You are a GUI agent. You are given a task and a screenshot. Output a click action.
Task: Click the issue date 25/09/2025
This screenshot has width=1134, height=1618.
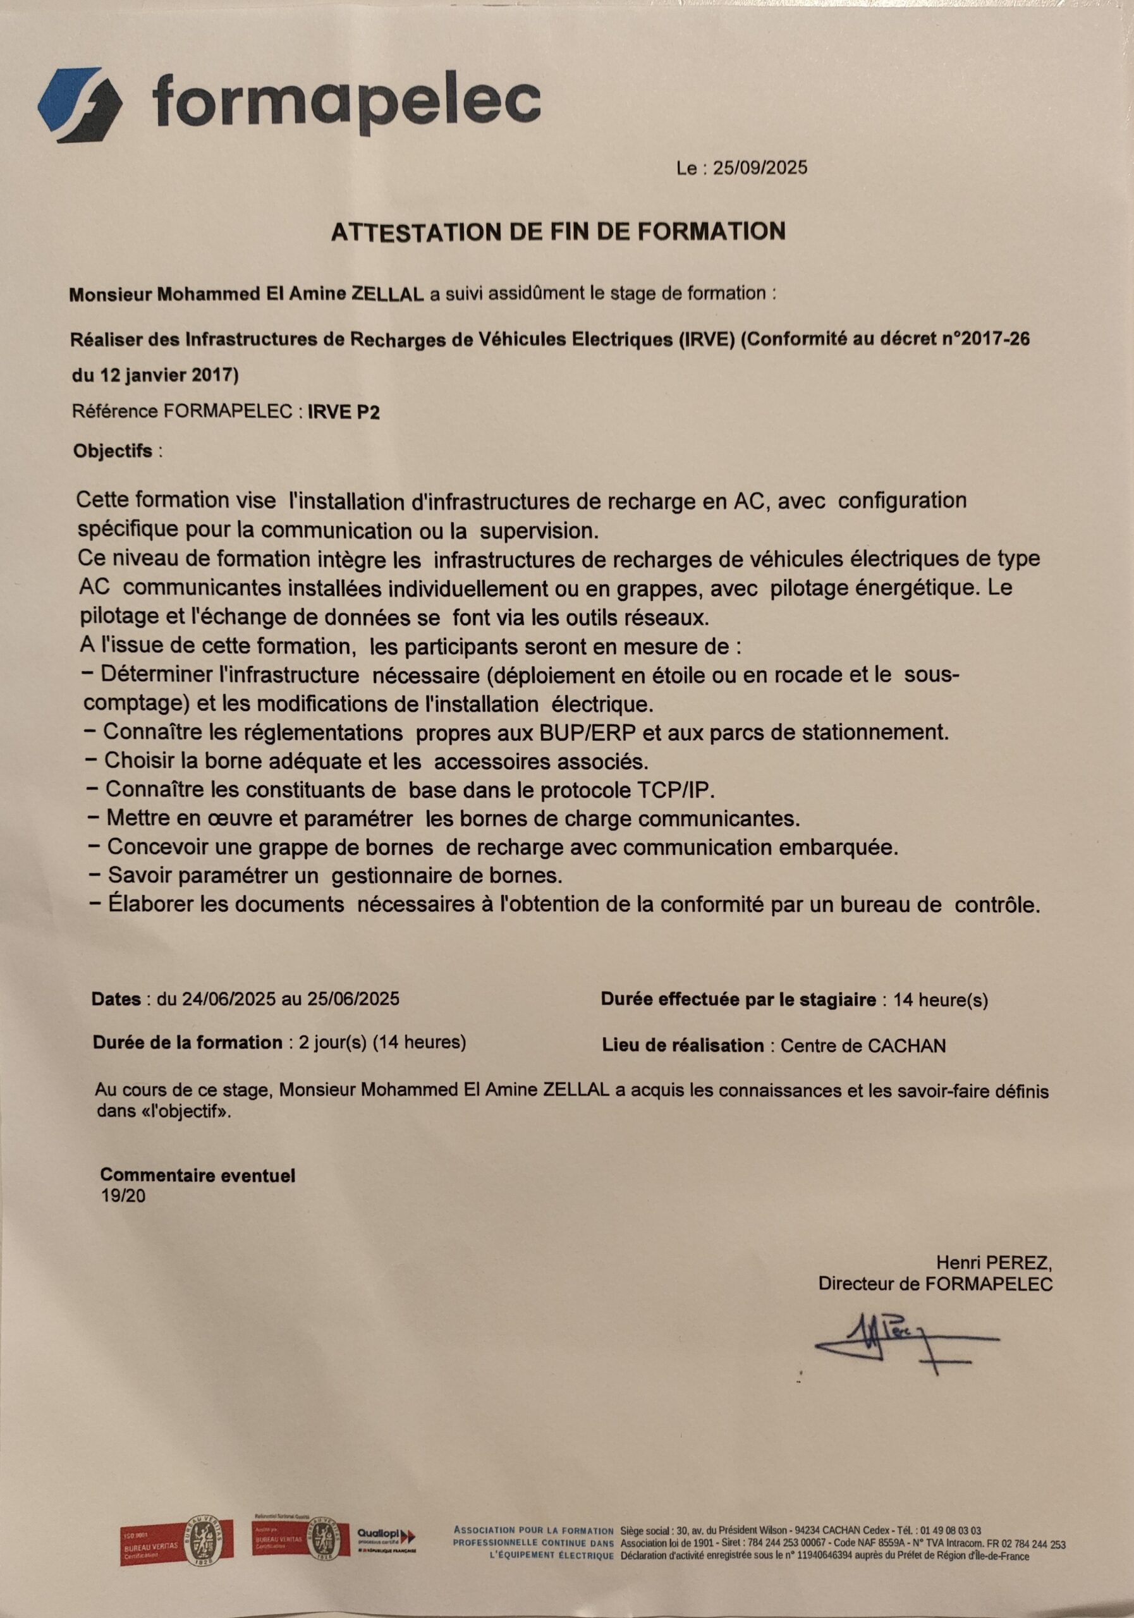point(760,168)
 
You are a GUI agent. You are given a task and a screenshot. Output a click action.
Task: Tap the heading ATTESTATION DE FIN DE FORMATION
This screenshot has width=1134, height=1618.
point(558,232)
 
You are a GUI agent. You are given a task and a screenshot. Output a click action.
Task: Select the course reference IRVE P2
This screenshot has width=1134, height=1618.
point(344,412)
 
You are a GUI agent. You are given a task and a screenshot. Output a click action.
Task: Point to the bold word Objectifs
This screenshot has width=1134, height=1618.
point(113,451)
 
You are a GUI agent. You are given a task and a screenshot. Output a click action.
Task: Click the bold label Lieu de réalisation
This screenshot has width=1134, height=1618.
point(682,1046)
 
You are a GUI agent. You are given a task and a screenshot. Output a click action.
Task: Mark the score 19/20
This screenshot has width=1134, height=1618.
point(123,1196)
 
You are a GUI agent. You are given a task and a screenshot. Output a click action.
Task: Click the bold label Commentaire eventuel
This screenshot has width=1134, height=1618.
point(197,1175)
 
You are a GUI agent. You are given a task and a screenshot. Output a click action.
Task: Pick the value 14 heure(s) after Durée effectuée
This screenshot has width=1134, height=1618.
point(939,1000)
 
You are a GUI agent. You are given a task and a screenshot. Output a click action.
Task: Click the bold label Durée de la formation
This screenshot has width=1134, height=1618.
point(188,1042)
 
